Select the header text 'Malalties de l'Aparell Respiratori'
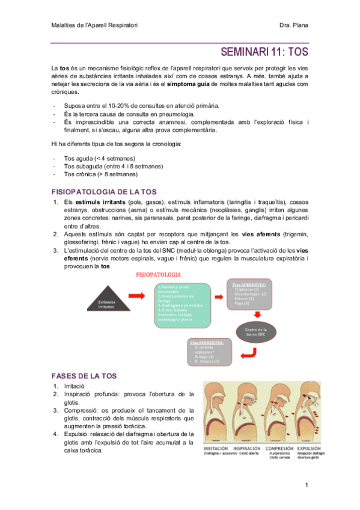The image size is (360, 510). pyautogui.click(x=95, y=25)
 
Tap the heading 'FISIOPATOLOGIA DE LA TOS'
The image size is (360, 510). pyautogui.click(x=105, y=191)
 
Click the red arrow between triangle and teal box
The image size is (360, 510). pyautogui.click(x=138, y=296)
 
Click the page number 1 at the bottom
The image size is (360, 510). pyautogui.click(x=306, y=485)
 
